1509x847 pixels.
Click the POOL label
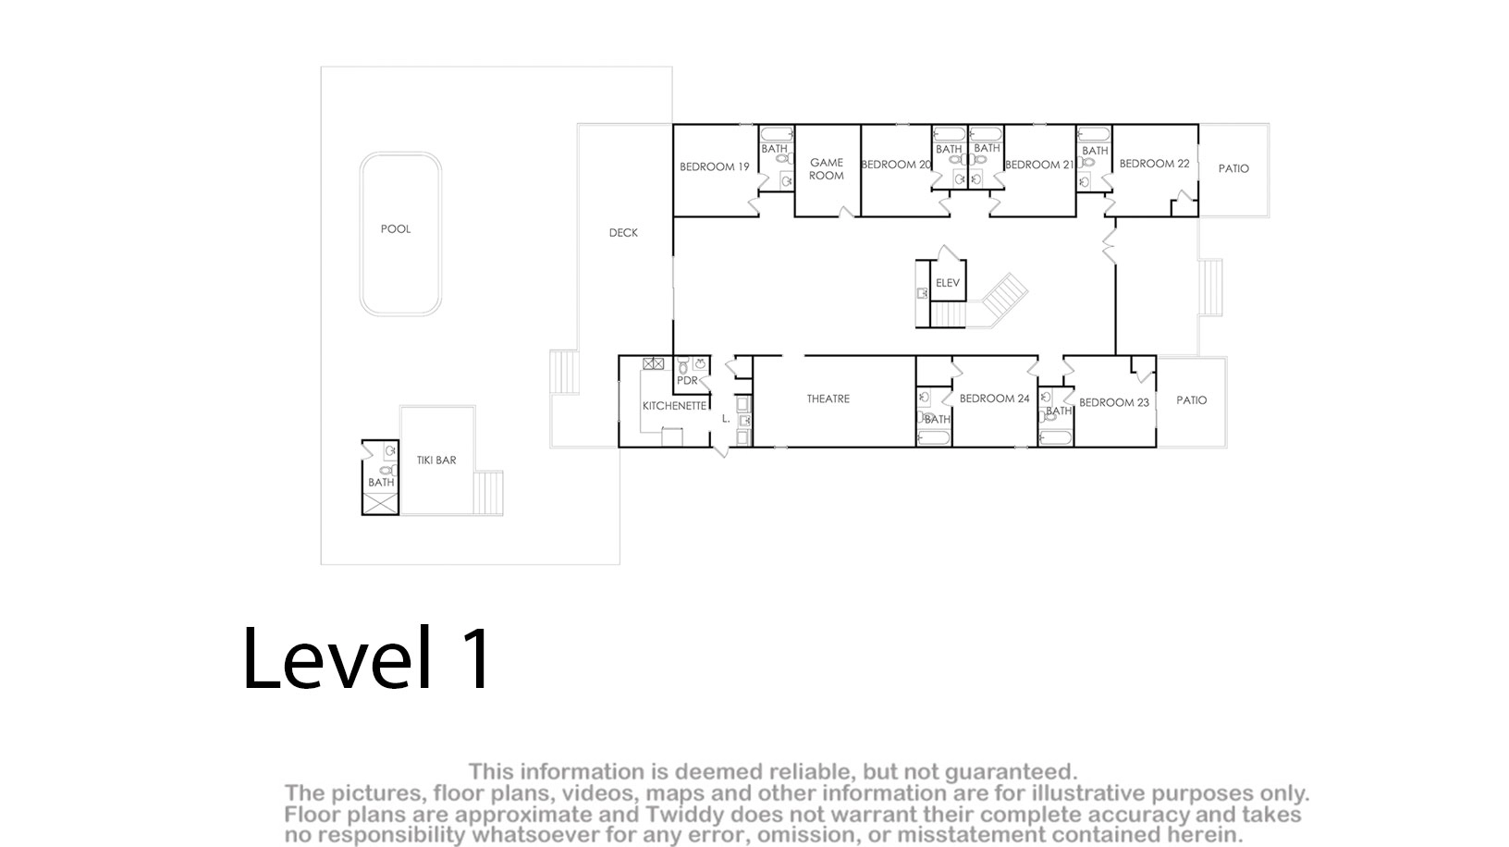pos(396,229)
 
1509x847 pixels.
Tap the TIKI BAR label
pos(436,460)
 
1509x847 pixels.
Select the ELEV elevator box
pos(948,281)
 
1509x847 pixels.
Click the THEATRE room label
pos(828,399)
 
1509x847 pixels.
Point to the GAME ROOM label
pos(827,169)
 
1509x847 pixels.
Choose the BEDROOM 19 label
pos(714,166)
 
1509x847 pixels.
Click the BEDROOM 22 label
pos(1154,164)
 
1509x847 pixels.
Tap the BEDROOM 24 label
pos(994,399)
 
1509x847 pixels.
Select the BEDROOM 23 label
pos(1113,402)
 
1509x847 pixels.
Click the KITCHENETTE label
pos(674,406)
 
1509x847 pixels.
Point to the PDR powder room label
pos(687,381)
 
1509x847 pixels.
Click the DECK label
pos(623,232)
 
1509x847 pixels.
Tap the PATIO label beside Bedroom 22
pos(1233,168)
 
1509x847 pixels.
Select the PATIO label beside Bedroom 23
pos(1191,400)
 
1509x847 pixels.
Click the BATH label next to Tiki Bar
pos(381,483)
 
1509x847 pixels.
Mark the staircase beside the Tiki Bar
pos(487,493)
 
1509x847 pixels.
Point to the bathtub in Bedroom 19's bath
pos(777,134)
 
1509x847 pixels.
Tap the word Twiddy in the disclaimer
pos(680,814)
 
